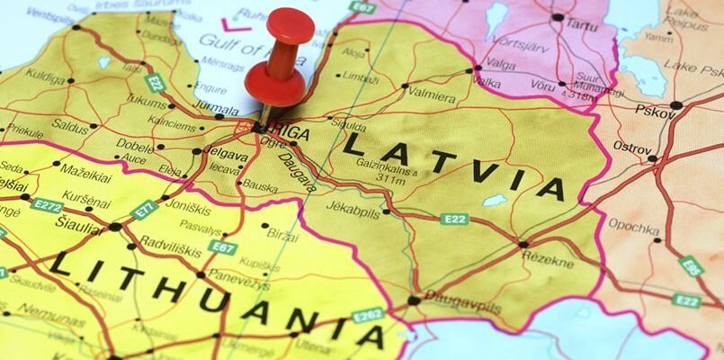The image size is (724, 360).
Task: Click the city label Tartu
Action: (581, 25)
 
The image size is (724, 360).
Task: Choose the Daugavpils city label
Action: (451, 295)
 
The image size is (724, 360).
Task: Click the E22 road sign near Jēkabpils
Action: (454, 219)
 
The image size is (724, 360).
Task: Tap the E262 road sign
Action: (368, 315)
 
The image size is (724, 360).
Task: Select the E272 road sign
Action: (47, 205)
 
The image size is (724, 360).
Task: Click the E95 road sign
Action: (691, 265)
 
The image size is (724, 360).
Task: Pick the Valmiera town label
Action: (433, 92)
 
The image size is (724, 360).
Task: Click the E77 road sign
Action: (145, 210)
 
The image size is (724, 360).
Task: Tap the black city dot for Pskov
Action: (675, 105)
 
